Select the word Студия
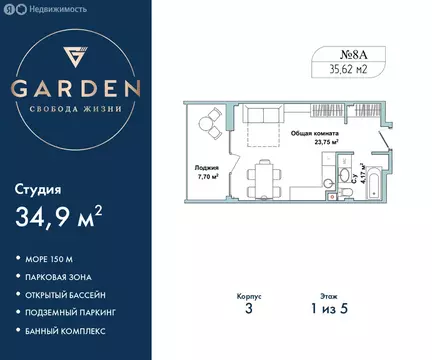click(x=38, y=188)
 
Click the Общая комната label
click(x=315, y=133)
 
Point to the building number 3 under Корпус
click(x=248, y=309)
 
